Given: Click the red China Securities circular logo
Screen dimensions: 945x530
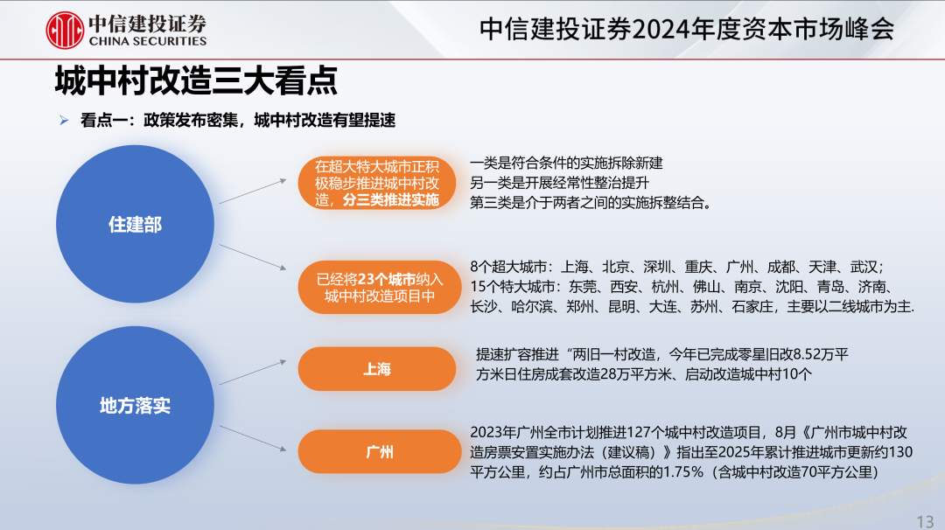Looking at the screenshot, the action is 65,30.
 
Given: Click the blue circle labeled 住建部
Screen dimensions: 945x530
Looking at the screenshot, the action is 135,224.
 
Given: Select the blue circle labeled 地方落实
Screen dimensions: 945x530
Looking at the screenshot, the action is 135,405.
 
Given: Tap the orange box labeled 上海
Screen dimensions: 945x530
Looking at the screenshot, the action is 376,368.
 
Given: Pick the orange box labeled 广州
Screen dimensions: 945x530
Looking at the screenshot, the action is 380,451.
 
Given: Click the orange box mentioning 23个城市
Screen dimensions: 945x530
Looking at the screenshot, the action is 380,287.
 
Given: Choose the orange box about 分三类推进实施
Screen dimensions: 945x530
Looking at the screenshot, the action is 376,183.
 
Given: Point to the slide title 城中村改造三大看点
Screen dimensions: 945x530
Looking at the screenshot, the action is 196,80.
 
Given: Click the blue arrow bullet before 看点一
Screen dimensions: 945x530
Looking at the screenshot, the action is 64,121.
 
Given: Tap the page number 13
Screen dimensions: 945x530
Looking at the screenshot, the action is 925,521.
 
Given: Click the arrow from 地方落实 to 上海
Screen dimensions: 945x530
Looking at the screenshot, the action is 253,373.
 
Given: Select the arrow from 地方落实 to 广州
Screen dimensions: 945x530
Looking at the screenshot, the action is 253,438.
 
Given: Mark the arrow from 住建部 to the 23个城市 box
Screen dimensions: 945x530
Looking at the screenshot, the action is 253,257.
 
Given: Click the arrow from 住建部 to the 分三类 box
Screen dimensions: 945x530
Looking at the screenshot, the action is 253,191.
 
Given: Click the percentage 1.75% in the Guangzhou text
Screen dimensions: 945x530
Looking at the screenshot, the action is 682,472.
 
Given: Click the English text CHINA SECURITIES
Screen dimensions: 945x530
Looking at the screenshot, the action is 148,41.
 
